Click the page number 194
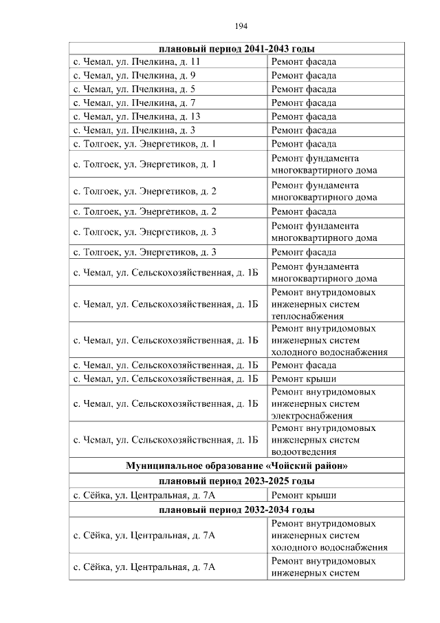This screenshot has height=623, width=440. (x=241, y=26)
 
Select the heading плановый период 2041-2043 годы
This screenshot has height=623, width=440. (x=236, y=49)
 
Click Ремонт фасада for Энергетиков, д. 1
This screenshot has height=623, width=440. (x=304, y=144)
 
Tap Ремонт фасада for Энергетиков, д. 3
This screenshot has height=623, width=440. (x=304, y=252)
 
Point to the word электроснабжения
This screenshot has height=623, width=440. (x=312, y=416)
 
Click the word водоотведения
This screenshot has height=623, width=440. (x=304, y=452)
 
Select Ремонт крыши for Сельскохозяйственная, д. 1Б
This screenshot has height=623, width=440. (x=304, y=379)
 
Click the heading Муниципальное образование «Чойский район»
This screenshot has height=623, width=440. (x=236, y=466)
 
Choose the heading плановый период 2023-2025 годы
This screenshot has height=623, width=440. (x=236, y=481)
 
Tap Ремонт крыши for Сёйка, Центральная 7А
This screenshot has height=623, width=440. (x=304, y=495)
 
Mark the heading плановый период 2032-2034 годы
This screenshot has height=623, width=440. (x=236, y=509)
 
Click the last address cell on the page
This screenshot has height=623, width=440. (x=145, y=567)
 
